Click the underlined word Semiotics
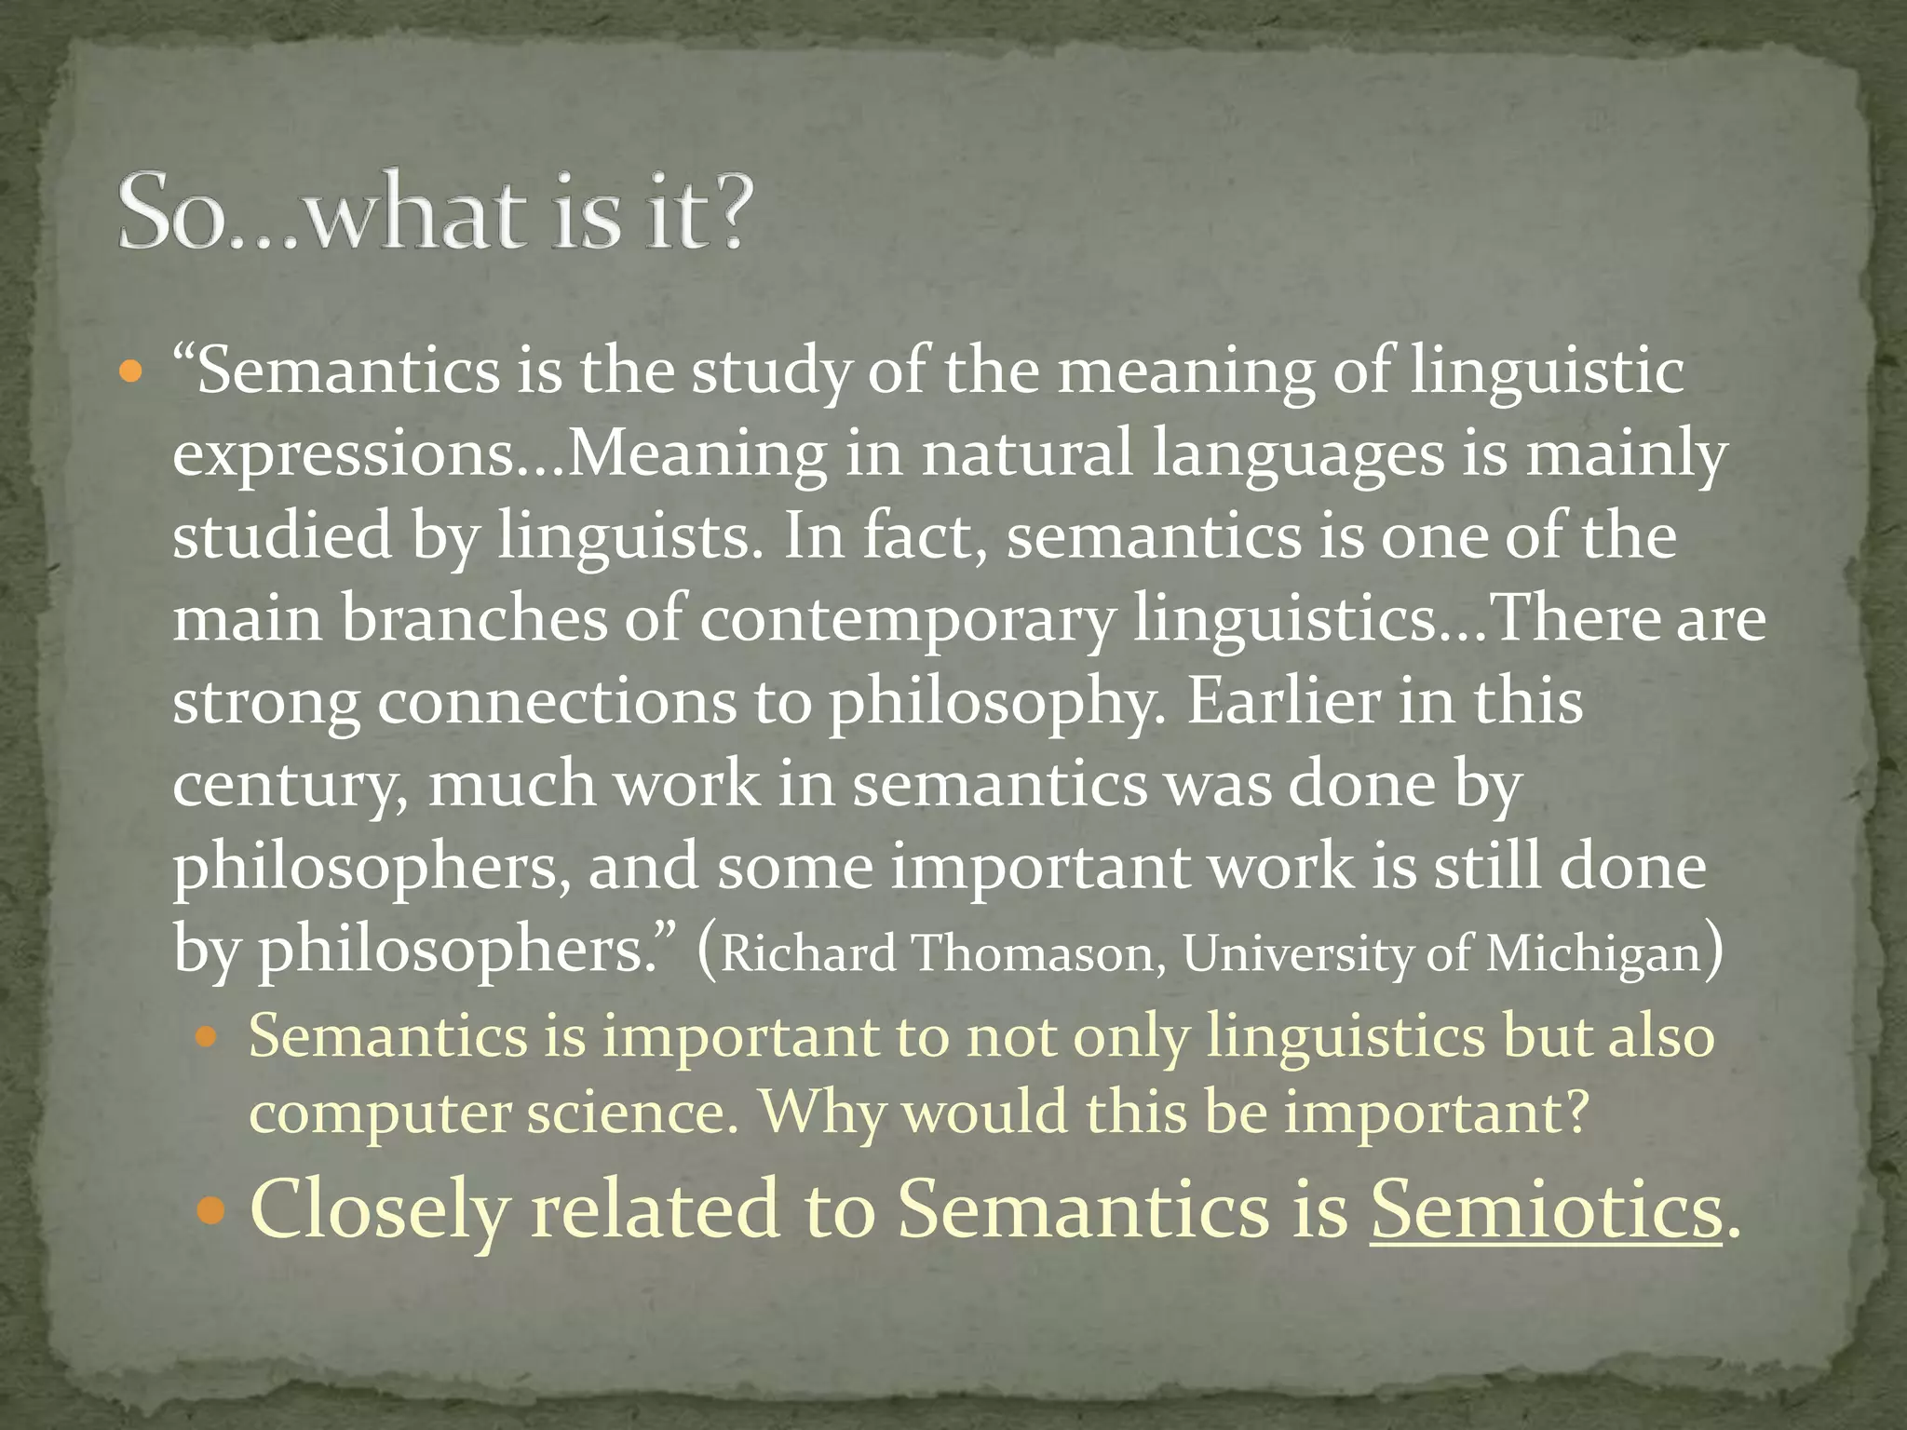pos(1546,1208)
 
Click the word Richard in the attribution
pos(808,953)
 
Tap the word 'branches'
pos(473,618)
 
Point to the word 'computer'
pos(380,1114)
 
